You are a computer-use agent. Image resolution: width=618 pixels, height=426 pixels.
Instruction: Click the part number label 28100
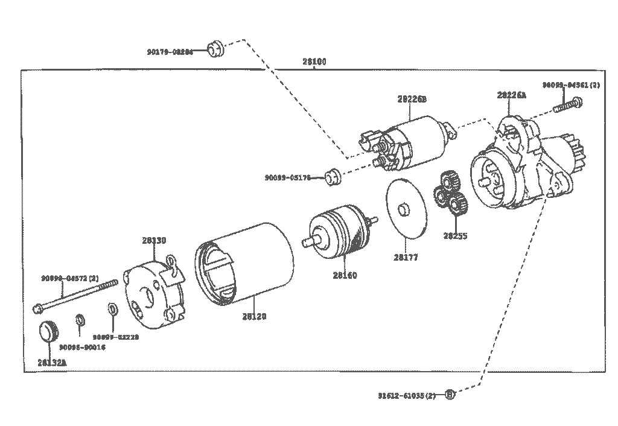[x=314, y=62]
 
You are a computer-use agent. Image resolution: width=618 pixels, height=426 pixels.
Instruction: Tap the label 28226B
[x=412, y=99]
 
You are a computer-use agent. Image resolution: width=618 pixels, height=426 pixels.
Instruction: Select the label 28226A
[x=512, y=95]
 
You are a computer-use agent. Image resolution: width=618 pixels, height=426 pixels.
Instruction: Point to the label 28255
[x=455, y=236]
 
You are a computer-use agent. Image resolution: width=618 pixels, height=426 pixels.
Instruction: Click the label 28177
[x=406, y=258]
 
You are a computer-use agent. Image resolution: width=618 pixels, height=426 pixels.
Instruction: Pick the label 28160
[x=345, y=276]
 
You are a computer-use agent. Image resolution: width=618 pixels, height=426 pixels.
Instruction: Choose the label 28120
[x=254, y=316]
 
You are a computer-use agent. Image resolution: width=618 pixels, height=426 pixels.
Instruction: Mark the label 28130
[x=154, y=240]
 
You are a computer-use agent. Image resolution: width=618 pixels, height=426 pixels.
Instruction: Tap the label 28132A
[x=52, y=362]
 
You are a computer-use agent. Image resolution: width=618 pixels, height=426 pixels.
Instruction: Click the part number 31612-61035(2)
[x=407, y=396]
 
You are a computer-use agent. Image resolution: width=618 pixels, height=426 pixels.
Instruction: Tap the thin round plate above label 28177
[x=405, y=208]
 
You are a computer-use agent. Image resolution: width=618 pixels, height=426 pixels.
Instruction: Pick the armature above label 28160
[x=340, y=232]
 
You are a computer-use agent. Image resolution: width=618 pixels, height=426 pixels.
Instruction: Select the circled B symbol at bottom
[x=450, y=395]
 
